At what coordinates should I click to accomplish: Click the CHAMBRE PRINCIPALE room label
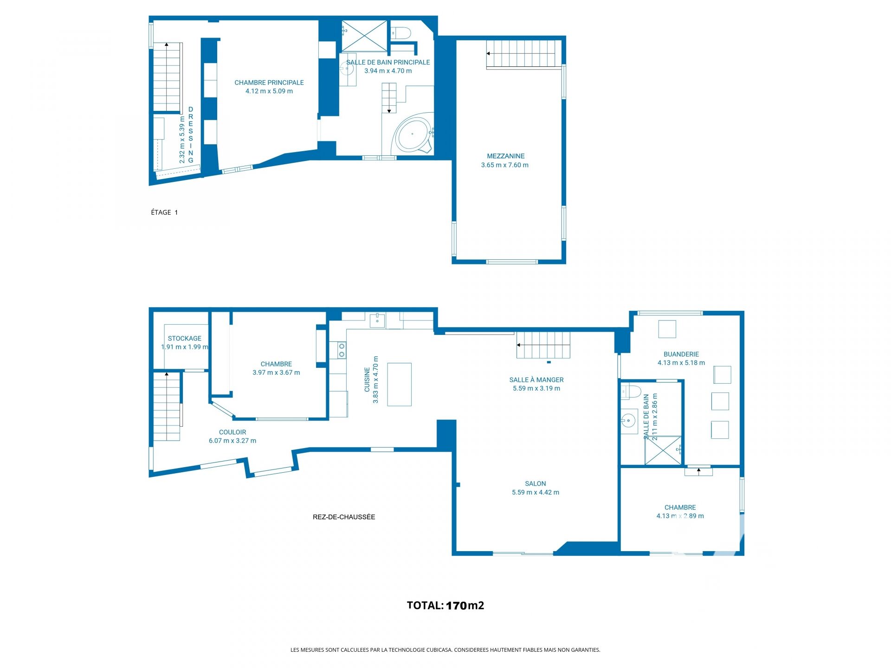coord(269,83)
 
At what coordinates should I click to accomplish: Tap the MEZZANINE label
coord(506,156)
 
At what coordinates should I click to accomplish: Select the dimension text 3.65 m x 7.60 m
coord(505,165)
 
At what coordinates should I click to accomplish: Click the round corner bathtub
coord(413,135)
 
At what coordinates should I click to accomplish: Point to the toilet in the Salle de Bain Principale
coord(401,33)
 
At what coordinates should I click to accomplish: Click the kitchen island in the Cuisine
coord(399,385)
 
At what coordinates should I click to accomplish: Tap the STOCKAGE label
coord(185,339)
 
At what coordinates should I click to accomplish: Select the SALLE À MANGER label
coord(536,380)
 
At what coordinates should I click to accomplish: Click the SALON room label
coord(536,484)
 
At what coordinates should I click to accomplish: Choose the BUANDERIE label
coord(681,354)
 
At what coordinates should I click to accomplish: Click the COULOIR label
coord(232,432)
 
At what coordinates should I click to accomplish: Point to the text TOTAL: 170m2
coord(445,605)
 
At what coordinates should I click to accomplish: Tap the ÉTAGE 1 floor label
coord(164,212)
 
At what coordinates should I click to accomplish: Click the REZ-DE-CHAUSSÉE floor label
coord(344,517)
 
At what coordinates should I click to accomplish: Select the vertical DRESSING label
coord(191,135)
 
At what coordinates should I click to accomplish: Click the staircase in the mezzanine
coord(521,54)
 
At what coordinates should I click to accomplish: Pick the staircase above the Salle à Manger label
coord(543,345)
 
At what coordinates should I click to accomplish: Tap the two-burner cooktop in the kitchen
coord(341,350)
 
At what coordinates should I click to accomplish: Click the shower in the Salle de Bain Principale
coord(364,36)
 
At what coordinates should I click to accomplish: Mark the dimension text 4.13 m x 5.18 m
coord(681,363)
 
